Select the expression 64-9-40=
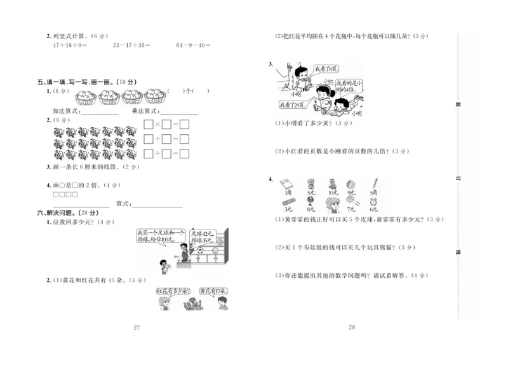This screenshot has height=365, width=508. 194,45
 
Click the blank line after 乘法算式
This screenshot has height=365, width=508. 177,112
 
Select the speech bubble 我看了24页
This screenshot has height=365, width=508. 291,104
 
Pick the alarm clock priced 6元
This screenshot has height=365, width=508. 373,202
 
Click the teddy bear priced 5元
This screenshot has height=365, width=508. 311,184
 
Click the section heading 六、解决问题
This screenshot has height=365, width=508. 59,212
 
